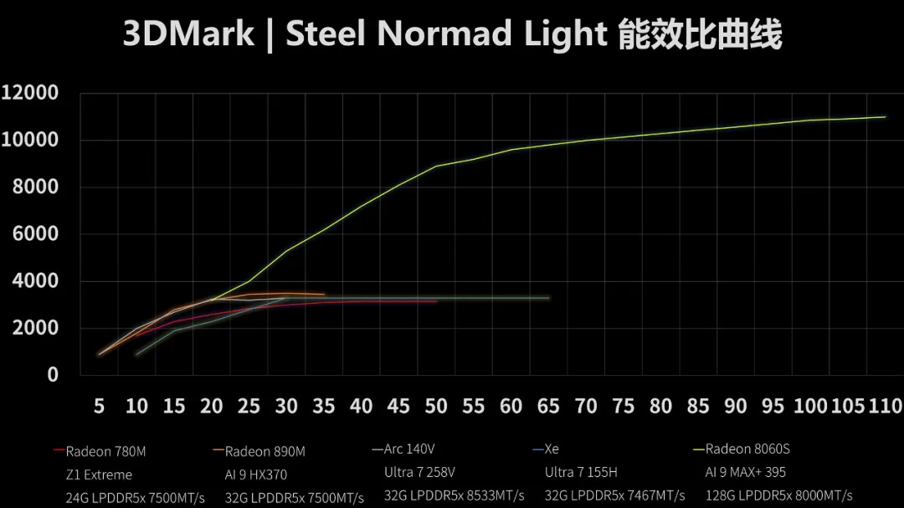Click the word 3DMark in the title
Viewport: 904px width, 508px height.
tap(188, 34)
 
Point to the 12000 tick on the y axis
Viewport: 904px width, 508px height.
tap(30, 92)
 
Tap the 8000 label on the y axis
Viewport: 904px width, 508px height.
tap(35, 187)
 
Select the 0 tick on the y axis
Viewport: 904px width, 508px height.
tap(53, 375)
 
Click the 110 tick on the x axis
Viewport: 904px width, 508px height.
tap(886, 407)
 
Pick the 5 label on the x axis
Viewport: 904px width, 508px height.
tap(99, 407)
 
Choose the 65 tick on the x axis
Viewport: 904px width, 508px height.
tap(548, 407)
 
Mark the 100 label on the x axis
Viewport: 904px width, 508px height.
tap(810, 407)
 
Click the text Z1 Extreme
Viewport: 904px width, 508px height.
tap(99, 475)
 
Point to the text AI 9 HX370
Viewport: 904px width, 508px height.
tap(256, 475)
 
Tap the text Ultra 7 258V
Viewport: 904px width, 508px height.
tap(419, 473)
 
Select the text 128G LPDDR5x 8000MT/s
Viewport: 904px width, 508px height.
tap(778, 495)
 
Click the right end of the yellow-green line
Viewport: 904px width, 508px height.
tap(885, 116)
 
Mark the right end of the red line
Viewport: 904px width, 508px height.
tap(436, 301)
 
